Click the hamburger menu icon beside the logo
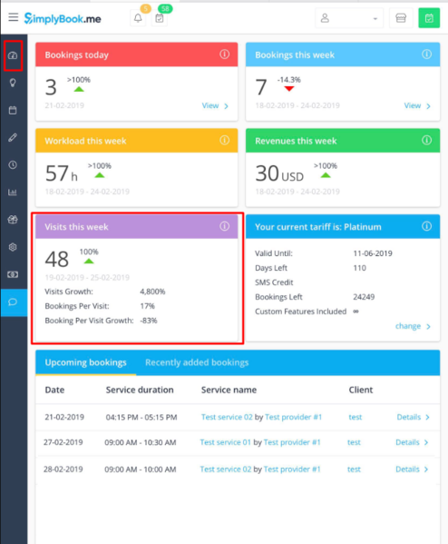pyautogui.click(x=13, y=17)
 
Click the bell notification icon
pyautogui.click(x=138, y=18)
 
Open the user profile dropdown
pyautogui.click(x=349, y=18)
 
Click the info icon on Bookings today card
pyautogui.click(x=225, y=54)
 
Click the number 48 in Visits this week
pyautogui.click(x=56, y=259)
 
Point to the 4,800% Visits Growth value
pyautogui.click(x=154, y=292)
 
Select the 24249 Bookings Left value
pyautogui.click(x=363, y=297)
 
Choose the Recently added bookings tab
pyautogui.click(x=197, y=362)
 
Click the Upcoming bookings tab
pyautogui.click(x=85, y=362)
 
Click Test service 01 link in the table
pyautogui.click(x=226, y=443)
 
